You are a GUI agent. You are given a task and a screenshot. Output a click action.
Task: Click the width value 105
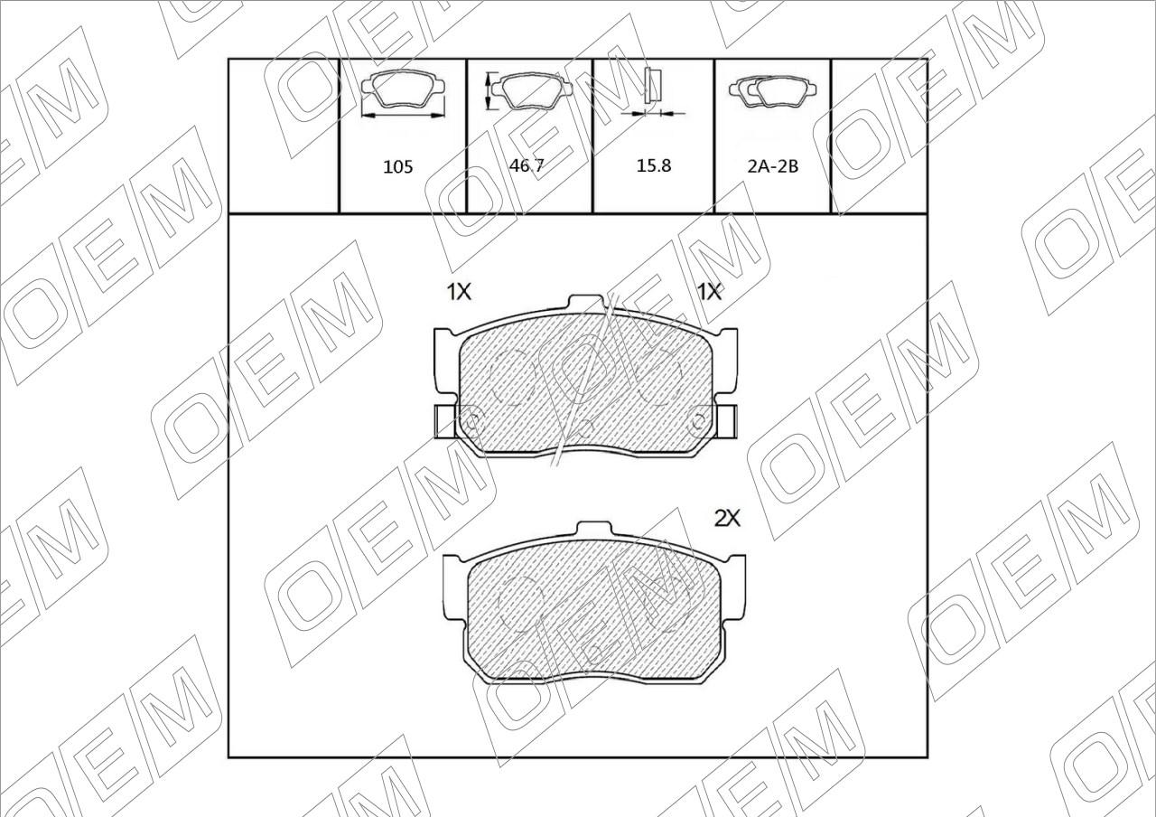tap(398, 166)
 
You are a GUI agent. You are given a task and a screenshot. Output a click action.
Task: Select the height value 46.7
tap(527, 164)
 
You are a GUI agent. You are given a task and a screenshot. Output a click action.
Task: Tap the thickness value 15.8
tap(654, 165)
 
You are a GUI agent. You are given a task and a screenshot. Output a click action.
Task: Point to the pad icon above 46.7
tap(530, 91)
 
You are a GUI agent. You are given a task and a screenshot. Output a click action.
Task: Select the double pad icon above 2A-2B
tap(773, 91)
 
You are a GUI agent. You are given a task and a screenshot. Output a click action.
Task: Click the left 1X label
tap(459, 292)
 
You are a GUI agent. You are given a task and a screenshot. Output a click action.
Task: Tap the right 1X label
tap(710, 292)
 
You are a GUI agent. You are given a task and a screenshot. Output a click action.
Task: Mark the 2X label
tap(727, 519)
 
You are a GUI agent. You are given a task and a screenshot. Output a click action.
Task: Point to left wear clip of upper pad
tap(445, 421)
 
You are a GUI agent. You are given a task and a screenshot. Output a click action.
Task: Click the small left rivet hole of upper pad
tap(471, 419)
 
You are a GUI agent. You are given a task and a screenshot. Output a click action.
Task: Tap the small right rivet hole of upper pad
tap(697, 419)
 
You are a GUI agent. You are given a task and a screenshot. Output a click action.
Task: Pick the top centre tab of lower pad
tap(594, 530)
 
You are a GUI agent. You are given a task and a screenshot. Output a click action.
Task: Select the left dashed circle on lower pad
tap(523, 600)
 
